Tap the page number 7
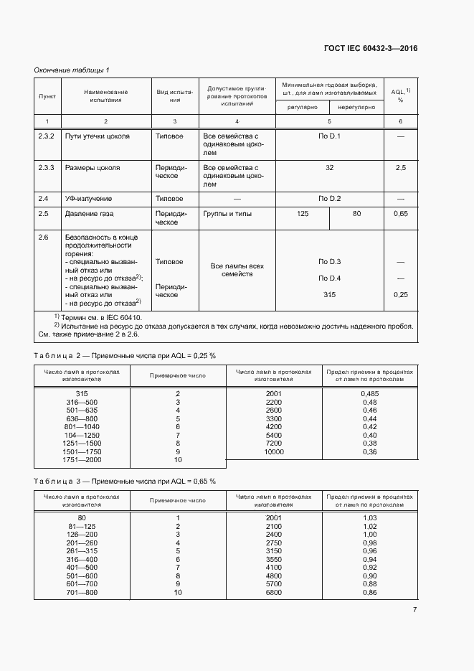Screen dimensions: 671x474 coord(414,609)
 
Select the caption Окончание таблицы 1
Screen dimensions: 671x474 coord(72,70)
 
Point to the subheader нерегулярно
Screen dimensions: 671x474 coord(356,107)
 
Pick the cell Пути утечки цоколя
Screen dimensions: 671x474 coord(98,136)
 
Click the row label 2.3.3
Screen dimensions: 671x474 coord(47,167)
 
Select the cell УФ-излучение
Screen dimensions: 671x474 coord(89,198)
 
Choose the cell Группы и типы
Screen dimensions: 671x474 coord(227,214)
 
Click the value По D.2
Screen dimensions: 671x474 coord(329,198)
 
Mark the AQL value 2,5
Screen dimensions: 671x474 coord(400,167)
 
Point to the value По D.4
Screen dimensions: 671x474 coord(329,278)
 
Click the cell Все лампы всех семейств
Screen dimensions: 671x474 coord(237,270)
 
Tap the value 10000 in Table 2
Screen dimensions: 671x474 coord(274,451)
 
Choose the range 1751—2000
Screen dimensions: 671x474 coord(82,459)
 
